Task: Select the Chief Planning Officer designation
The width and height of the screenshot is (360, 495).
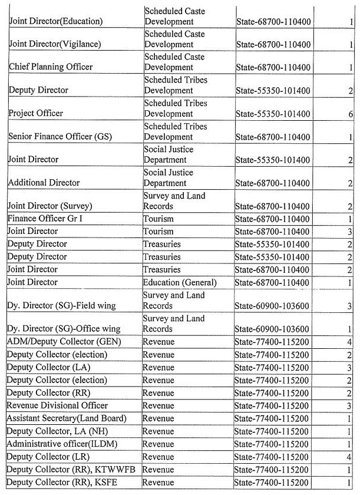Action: click(50, 67)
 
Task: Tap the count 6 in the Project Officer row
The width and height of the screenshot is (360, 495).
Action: click(349, 114)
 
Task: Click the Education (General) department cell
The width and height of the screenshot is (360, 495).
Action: click(179, 282)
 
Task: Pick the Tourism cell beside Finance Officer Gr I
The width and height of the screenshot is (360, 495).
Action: click(158, 219)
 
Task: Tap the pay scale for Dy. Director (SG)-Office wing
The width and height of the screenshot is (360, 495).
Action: click(273, 329)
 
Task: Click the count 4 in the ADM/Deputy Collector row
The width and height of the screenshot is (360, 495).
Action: click(349, 342)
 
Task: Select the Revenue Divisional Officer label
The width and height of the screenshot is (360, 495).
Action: click(57, 405)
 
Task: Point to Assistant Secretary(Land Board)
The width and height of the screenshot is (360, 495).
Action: click(67, 418)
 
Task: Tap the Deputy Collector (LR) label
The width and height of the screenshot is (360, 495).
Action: click(50, 457)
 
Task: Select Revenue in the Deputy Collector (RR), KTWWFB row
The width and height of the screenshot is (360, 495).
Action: click(158, 470)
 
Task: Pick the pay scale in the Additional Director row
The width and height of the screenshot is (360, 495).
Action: click(273, 183)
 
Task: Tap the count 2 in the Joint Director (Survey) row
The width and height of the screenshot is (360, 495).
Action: click(349, 206)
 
